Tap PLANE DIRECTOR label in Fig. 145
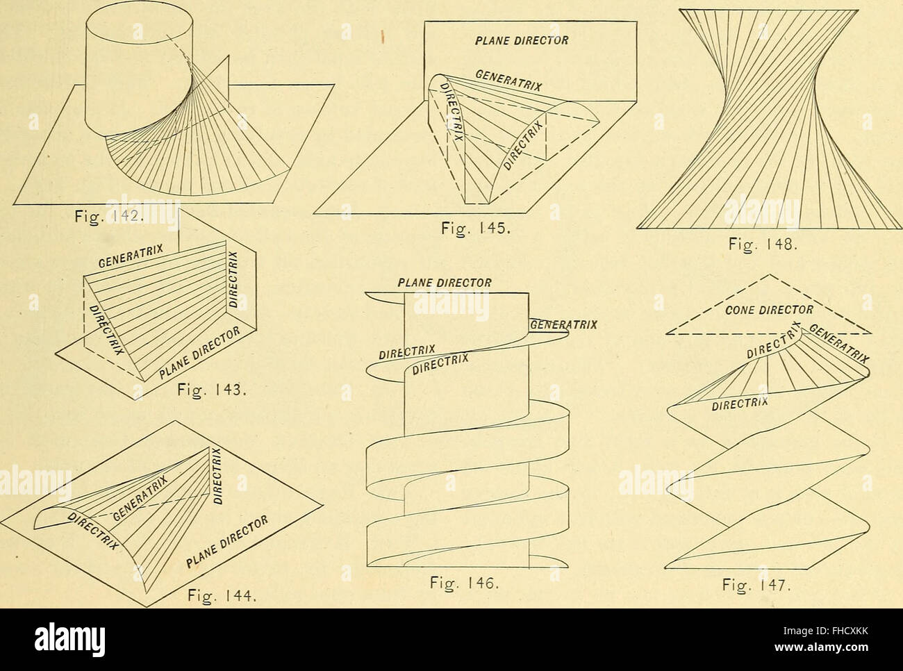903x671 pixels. [x=522, y=40]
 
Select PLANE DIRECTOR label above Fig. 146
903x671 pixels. [x=445, y=283]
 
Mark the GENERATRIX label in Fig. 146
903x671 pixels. [x=563, y=324]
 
